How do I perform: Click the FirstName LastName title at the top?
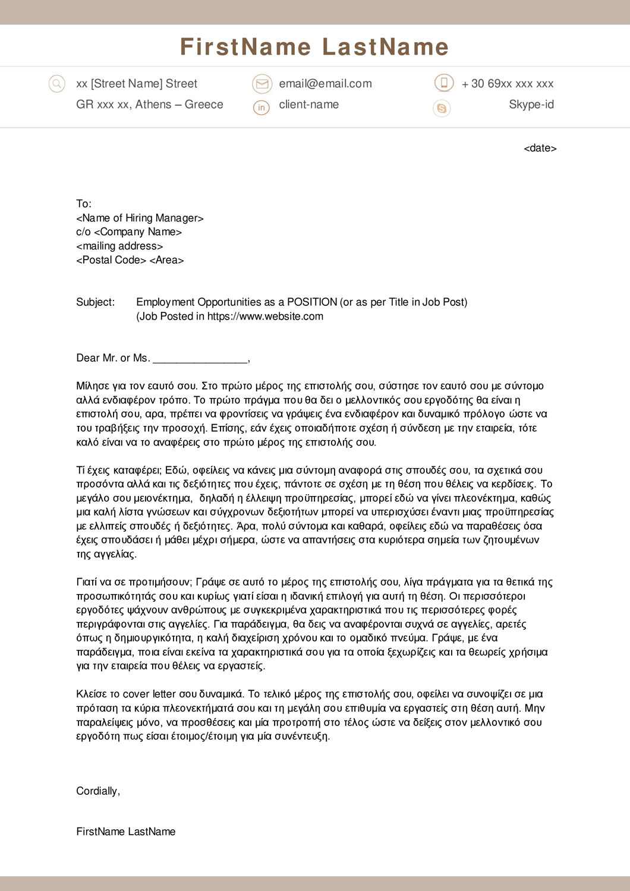(x=314, y=47)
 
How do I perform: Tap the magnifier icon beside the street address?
(x=56, y=84)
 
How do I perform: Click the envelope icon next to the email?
(x=262, y=84)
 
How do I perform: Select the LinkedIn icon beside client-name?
(x=262, y=108)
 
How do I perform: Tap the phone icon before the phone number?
(x=443, y=83)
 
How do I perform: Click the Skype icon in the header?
(x=442, y=108)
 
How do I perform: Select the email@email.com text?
(x=325, y=84)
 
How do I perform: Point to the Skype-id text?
(x=531, y=105)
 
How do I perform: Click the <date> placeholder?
(x=540, y=148)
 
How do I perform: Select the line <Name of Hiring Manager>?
(x=140, y=218)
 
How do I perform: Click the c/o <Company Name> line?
(x=129, y=232)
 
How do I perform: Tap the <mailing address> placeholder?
(x=119, y=246)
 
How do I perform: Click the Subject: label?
(x=95, y=302)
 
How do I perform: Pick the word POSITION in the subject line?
(x=312, y=302)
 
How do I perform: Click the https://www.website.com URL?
(x=265, y=316)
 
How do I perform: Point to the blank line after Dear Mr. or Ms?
(x=200, y=358)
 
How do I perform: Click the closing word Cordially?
(x=97, y=791)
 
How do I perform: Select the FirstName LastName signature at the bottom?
(x=125, y=832)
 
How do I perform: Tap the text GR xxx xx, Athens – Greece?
(x=149, y=105)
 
